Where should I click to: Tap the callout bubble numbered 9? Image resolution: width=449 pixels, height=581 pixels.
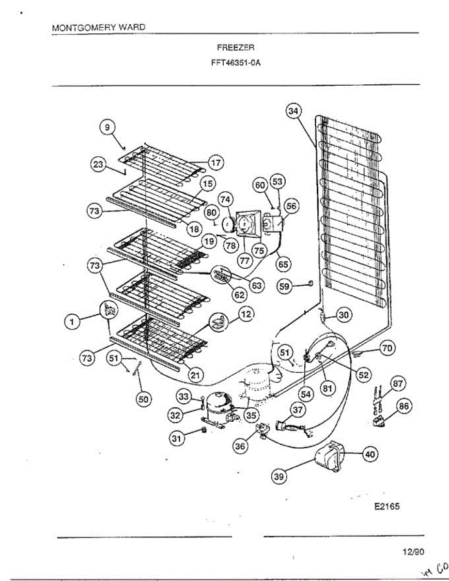click(108, 127)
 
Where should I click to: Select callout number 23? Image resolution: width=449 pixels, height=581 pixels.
click(98, 164)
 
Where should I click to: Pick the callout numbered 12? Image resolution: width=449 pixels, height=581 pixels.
click(247, 315)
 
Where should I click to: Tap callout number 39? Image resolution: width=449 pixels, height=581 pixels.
click(279, 476)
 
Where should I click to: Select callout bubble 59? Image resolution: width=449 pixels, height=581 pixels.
click(283, 287)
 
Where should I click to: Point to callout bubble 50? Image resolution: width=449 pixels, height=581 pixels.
click(144, 398)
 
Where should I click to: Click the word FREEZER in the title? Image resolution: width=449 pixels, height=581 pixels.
click(236, 48)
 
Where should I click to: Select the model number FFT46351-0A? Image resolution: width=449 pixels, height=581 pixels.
click(236, 62)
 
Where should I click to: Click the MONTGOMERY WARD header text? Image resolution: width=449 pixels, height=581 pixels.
click(98, 28)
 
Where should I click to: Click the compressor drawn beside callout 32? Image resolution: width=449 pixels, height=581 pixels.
click(217, 404)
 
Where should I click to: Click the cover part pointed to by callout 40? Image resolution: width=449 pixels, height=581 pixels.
click(328, 456)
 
